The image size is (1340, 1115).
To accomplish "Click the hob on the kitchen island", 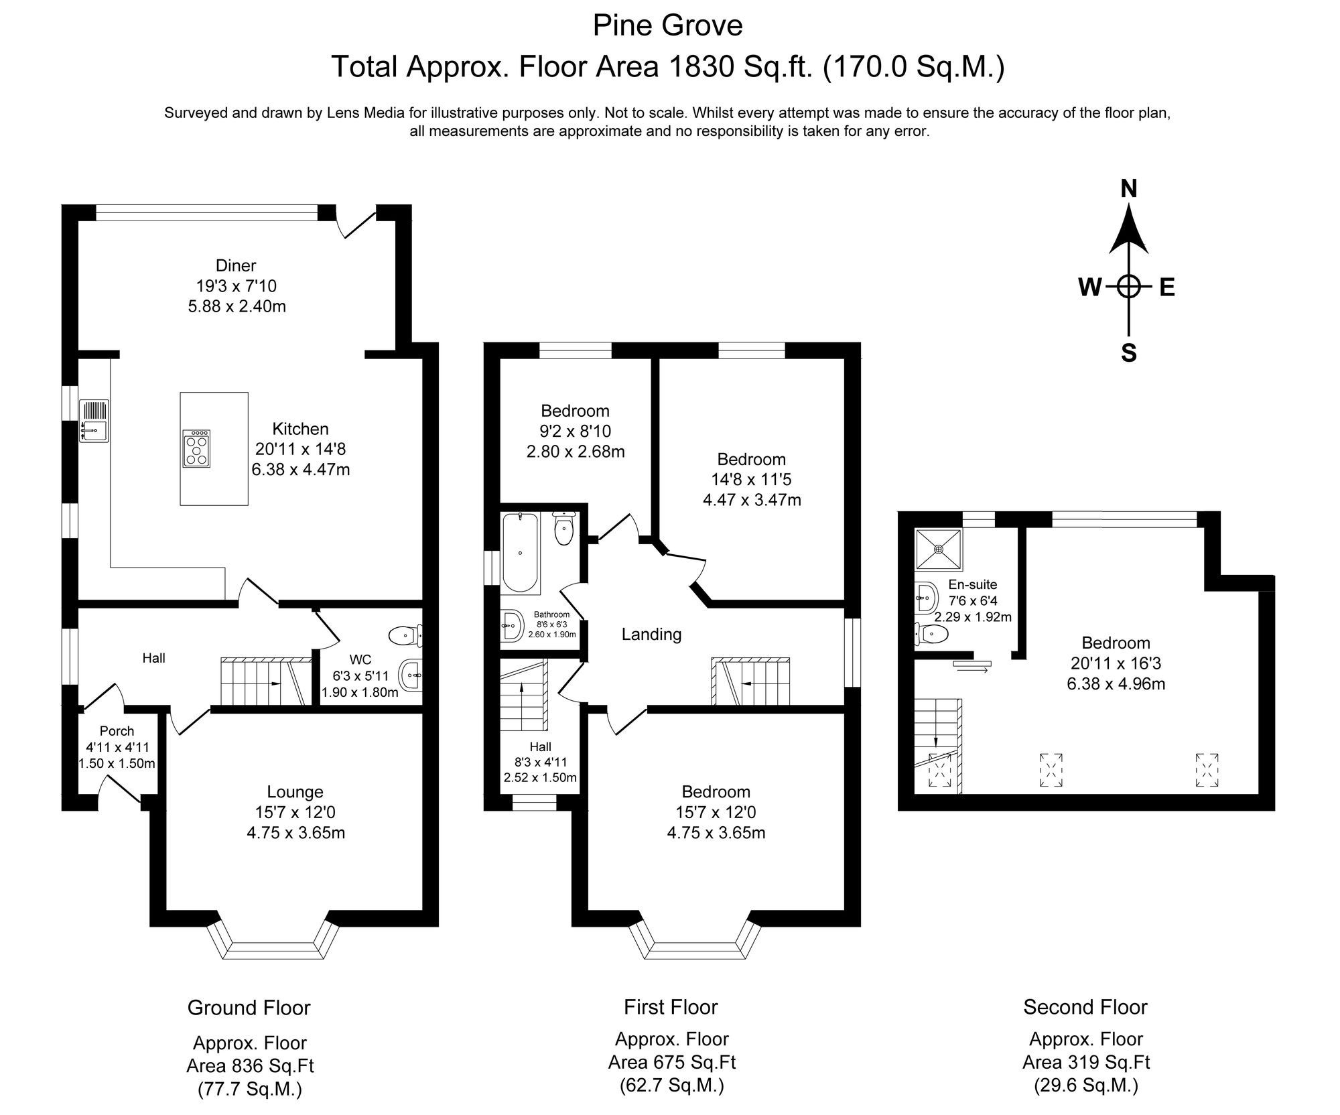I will point(196,448).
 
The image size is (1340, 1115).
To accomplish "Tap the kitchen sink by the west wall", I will point(94,421).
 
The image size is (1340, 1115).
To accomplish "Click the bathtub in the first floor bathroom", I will point(521,552).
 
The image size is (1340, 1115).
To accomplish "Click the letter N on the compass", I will point(1129,190).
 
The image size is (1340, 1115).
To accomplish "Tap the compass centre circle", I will point(1129,287).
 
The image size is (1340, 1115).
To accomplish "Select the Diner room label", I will point(236,265).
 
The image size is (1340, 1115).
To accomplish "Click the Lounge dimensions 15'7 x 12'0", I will point(295,813).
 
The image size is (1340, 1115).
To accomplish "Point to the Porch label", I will point(117,731).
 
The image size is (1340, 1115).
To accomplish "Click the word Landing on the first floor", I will point(651,634).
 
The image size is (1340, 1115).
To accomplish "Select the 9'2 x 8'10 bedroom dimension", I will point(576,432).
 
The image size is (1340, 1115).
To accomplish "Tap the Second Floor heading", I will point(1085,1007).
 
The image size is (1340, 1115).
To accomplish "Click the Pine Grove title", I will point(667,26).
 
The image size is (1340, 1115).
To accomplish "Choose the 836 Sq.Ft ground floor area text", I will point(250,1065).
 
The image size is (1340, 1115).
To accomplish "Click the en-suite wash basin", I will point(927,595).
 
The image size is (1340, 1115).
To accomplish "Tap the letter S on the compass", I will point(1129,352).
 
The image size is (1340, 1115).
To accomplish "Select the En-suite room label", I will point(972,584).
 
